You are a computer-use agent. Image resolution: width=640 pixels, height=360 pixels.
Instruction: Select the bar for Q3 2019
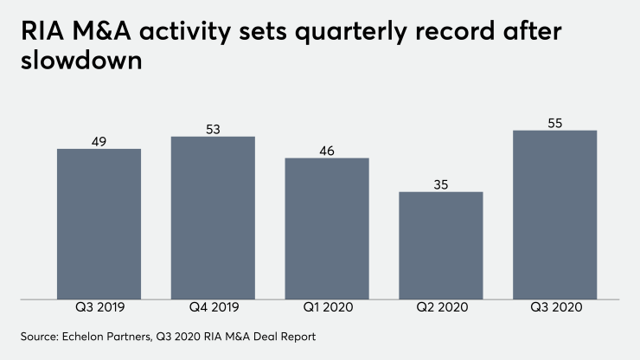point(99,224)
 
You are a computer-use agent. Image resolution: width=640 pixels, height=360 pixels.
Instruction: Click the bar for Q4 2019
point(213,218)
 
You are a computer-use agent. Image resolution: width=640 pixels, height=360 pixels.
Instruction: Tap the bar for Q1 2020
point(327,228)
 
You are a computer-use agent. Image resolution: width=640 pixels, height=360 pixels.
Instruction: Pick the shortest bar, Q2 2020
point(440,246)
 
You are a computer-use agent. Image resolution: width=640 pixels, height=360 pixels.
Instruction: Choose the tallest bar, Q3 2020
point(554,215)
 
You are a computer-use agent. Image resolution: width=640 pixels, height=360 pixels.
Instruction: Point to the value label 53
point(213,129)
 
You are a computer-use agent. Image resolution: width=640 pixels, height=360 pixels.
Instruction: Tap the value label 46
point(327,151)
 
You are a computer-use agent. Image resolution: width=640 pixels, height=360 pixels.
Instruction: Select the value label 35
point(440,184)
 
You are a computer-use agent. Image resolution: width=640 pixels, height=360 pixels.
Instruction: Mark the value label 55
point(554,123)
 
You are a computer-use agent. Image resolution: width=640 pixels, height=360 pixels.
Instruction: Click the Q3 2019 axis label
point(99,308)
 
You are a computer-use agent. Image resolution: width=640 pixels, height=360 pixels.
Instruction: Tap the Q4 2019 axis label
point(213,308)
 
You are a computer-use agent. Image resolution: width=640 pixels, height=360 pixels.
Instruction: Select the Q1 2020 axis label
point(327,308)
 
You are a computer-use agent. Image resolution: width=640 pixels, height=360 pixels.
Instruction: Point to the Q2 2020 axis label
point(440,308)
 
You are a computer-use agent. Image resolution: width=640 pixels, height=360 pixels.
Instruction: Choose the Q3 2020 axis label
point(554,308)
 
